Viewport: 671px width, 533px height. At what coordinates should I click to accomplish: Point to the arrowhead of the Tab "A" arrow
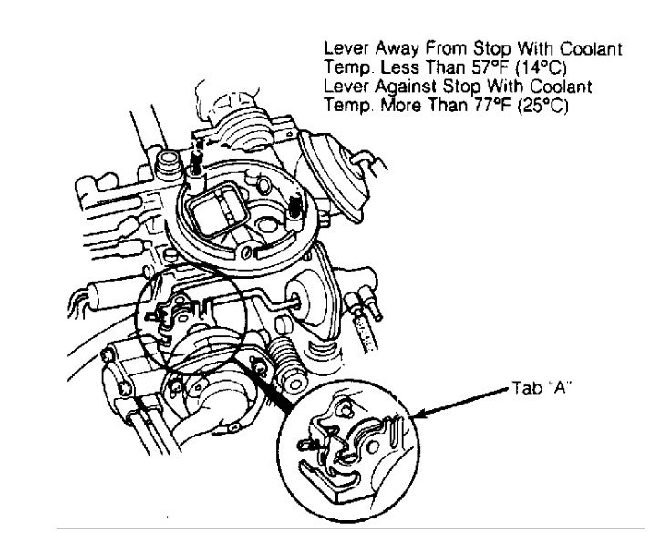[415, 418]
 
